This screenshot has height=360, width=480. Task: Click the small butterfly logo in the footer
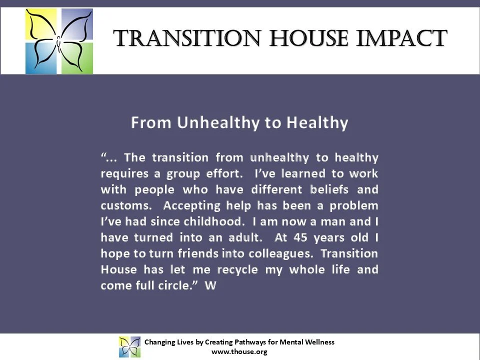coord(129,346)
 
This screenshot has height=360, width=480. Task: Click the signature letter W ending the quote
coord(210,286)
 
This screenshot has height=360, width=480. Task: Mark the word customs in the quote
coord(123,205)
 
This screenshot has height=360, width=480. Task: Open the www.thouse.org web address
coord(239,351)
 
